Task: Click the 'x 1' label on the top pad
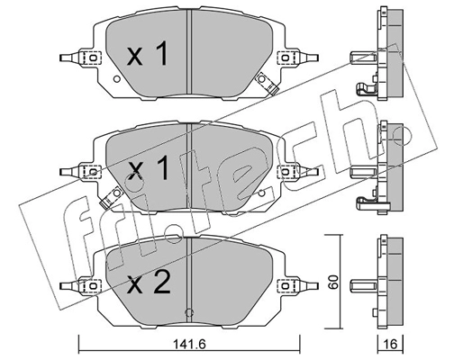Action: (147, 56)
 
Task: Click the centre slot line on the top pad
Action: (187, 45)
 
